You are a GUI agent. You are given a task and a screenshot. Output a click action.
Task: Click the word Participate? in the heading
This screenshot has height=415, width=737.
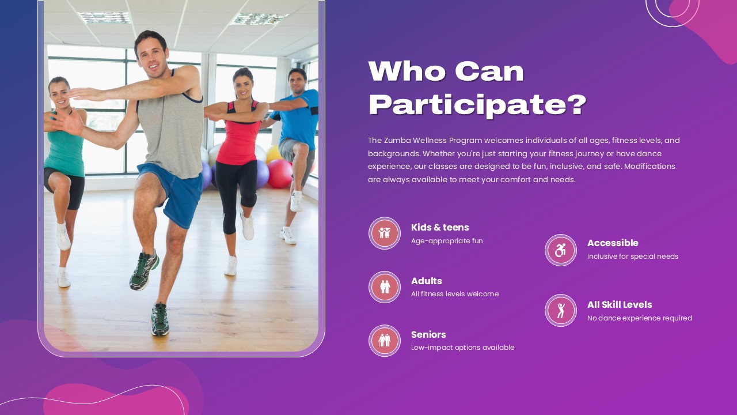pyautogui.click(x=477, y=105)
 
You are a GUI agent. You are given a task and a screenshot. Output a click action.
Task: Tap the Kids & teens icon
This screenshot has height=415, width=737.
pyautogui.click(x=385, y=233)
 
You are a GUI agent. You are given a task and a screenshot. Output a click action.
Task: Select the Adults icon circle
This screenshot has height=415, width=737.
pyautogui.click(x=385, y=286)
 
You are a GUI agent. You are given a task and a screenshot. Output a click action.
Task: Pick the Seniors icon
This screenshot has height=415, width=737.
pyautogui.click(x=385, y=340)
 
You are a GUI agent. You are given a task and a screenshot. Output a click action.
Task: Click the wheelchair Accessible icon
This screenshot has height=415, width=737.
pyautogui.click(x=561, y=250)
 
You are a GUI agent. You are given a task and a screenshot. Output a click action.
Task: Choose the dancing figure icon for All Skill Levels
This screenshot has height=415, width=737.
pyautogui.click(x=561, y=310)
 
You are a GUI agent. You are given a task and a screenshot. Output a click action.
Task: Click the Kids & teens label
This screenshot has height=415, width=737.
pyautogui.click(x=440, y=227)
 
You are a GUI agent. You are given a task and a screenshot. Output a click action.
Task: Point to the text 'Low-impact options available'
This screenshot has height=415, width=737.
pyautogui.click(x=462, y=348)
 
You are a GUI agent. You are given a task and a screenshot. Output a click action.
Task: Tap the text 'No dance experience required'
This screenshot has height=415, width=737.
pyautogui.click(x=639, y=318)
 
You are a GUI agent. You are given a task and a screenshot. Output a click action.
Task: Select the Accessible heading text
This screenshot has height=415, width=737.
pyautogui.click(x=613, y=243)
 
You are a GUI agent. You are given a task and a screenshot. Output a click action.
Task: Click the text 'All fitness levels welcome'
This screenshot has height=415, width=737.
pyautogui.click(x=455, y=294)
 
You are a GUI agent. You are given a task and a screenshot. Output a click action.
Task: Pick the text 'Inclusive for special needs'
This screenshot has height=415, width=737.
pyautogui.click(x=632, y=256)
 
